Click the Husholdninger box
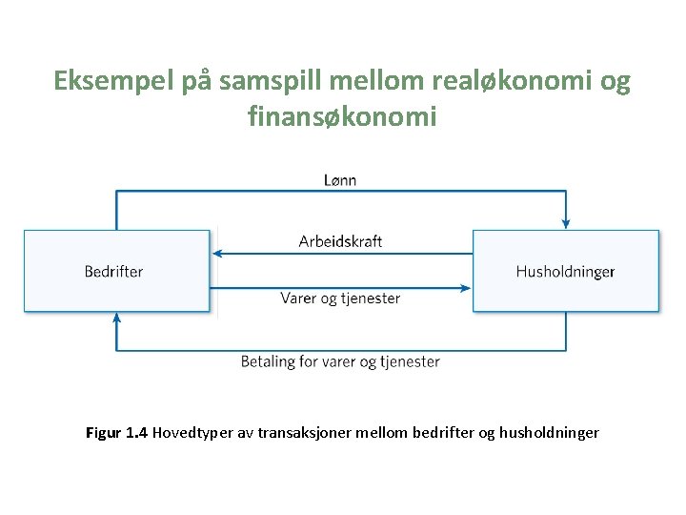click(566, 271)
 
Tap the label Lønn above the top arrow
click(340, 179)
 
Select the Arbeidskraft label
click(340, 241)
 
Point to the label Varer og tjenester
click(340, 299)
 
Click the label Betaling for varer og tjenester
click(340, 361)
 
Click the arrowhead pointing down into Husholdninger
click(566, 223)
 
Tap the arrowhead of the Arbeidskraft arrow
click(217, 254)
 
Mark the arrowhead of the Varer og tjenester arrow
click(467, 287)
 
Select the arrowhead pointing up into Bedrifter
click(116, 318)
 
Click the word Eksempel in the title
click(112, 81)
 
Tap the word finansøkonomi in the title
click(341, 117)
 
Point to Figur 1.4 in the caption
click(116, 433)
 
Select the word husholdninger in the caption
click(549, 433)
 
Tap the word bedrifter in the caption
click(444, 433)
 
